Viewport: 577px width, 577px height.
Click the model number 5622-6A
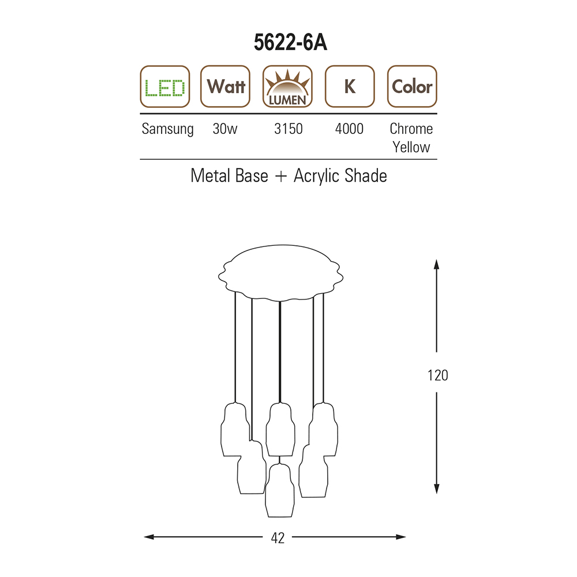click(x=290, y=42)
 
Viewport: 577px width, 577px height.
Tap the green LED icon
click(x=165, y=87)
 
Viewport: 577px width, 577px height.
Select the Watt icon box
click(x=225, y=87)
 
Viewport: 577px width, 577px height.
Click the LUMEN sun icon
click(x=287, y=87)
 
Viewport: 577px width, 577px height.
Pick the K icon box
click(x=350, y=87)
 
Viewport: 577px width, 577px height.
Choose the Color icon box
click(x=412, y=87)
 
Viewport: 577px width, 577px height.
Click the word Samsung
click(x=167, y=129)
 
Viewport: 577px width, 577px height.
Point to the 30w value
click(x=225, y=129)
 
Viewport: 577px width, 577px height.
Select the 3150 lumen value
click(x=288, y=129)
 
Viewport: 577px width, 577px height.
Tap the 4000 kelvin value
click(x=349, y=129)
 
